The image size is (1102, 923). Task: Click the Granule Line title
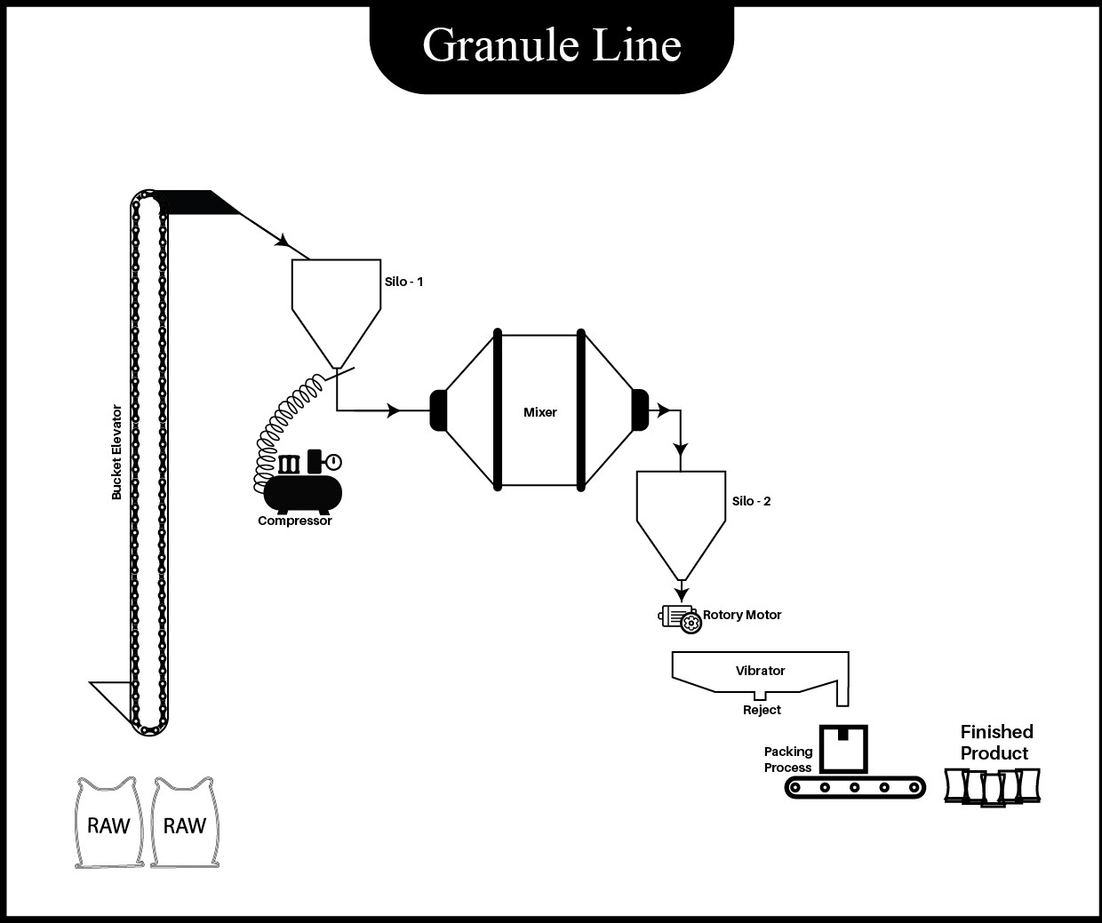[x=552, y=44]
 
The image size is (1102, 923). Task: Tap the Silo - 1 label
[x=404, y=282]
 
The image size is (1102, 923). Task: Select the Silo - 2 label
[x=751, y=501]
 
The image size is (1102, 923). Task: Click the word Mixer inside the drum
[x=539, y=412]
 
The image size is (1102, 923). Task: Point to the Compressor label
[x=295, y=521]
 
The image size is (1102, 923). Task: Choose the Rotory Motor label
[x=742, y=615]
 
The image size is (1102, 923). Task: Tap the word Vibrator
[x=760, y=671]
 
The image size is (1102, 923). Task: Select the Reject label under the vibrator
[x=762, y=710]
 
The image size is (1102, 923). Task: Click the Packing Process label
[x=788, y=760]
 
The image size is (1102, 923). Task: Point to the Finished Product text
[x=995, y=743]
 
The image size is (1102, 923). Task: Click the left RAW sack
[x=108, y=824]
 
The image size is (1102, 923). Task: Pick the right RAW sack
[x=185, y=824]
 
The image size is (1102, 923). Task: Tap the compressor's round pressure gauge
[x=332, y=462]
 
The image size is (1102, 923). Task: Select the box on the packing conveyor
[x=842, y=748]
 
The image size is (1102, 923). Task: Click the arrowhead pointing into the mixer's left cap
[x=395, y=410]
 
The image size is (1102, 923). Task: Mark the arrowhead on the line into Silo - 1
[x=283, y=240]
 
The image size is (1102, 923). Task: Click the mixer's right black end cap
[x=640, y=410]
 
